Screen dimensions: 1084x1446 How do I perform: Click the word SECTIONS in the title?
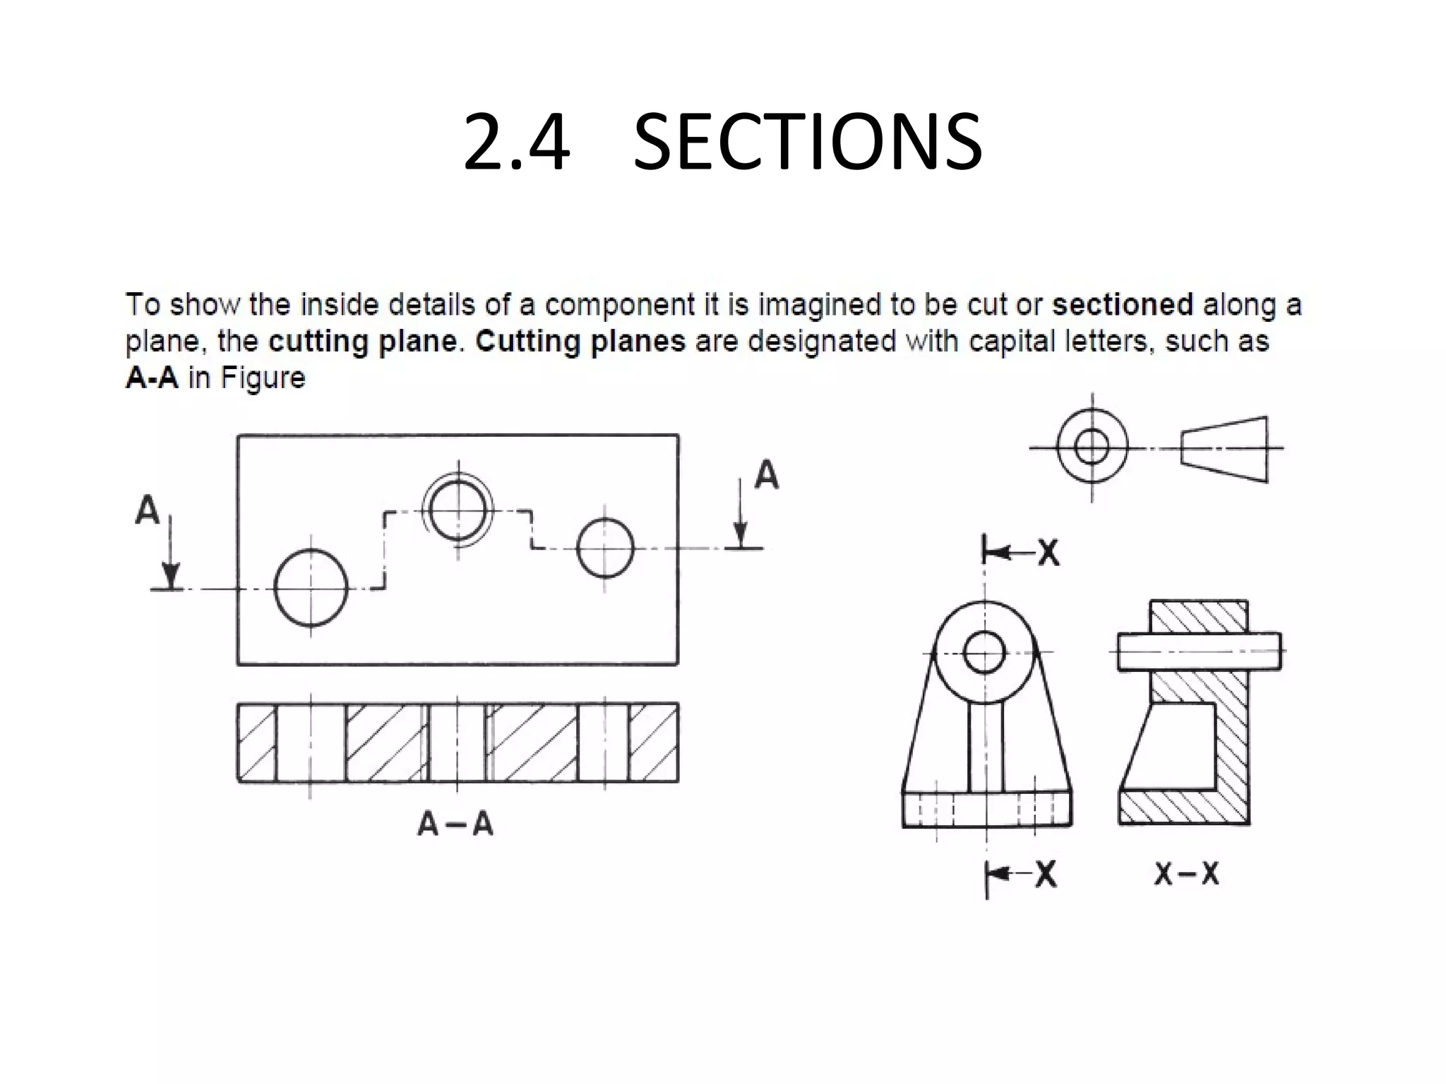click(807, 143)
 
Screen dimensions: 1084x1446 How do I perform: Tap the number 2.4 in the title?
click(516, 143)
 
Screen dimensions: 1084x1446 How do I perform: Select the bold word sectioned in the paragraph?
click(1122, 306)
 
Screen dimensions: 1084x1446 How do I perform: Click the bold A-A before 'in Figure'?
click(152, 378)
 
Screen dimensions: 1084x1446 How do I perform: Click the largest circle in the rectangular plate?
click(311, 588)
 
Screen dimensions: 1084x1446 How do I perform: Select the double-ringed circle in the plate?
click(458, 510)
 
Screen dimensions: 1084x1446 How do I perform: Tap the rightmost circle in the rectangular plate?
click(605, 548)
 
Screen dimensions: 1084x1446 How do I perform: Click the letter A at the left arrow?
click(148, 510)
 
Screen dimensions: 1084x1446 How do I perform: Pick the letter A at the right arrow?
click(767, 475)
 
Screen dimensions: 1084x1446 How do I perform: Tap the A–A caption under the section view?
click(455, 824)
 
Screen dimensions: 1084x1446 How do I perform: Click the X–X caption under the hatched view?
click(1187, 874)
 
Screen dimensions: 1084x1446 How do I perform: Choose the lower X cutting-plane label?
click(1046, 875)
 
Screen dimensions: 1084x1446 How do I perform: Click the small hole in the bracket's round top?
click(984, 653)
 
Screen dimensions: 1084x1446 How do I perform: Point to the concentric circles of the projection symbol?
click(1092, 447)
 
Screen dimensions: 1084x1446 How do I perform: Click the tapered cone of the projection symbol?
click(1224, 449)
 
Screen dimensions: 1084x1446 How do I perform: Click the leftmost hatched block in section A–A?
click(256, 742)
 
